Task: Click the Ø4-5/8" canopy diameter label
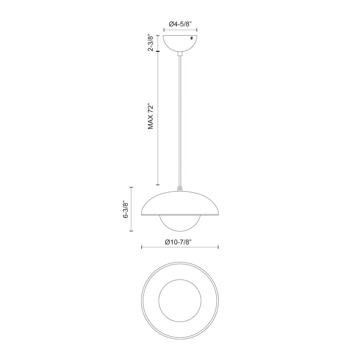click(x=180, y=24)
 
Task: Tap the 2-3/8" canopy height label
click(x=151, y=43)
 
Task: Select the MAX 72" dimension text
click(x=151, y=117)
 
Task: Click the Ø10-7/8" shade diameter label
click(x=178, y=242)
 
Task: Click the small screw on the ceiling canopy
click(x=192, y=38)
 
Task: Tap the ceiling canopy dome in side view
click(x=180, y=43)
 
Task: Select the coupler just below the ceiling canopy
click(x=180, y=54)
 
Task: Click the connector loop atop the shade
click(x=180, y=189)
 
